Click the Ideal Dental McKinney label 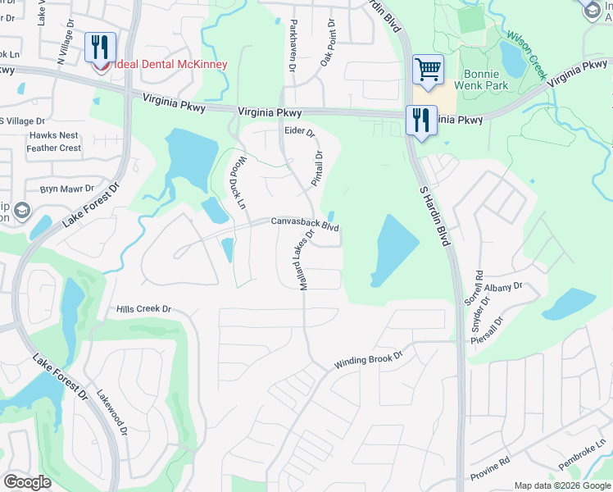pyautogui.click(x=169, y=64)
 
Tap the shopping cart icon pyautogui.click(x=428, y=70)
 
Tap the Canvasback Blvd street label pyautogui.click(x=305, y=224)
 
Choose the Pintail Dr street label pyautogui.click(x=317, y=167)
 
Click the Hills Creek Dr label pyautogui.click(x=143, y=309)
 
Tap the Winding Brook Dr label pyautogui.click(x=370, y=360)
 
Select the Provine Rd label pyautogui.click(x=490, y=469)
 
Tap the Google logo pyautogui.click(x=27, y=482)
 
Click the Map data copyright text pyautogui.click(x=562, y=485)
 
